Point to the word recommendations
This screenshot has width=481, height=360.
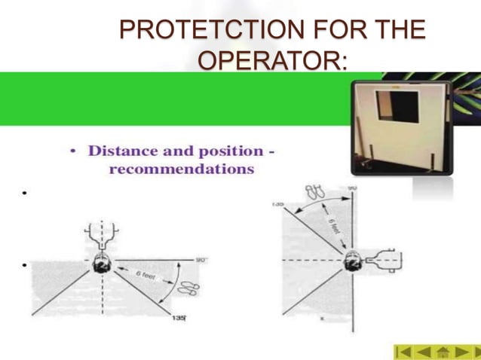182,169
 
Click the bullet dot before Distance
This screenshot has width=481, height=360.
73,151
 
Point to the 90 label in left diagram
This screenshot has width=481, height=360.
201,260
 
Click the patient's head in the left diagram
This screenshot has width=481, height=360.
102,264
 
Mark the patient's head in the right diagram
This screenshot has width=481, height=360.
352,262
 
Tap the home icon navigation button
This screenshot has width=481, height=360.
443,352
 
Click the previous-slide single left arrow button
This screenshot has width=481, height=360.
424,352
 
